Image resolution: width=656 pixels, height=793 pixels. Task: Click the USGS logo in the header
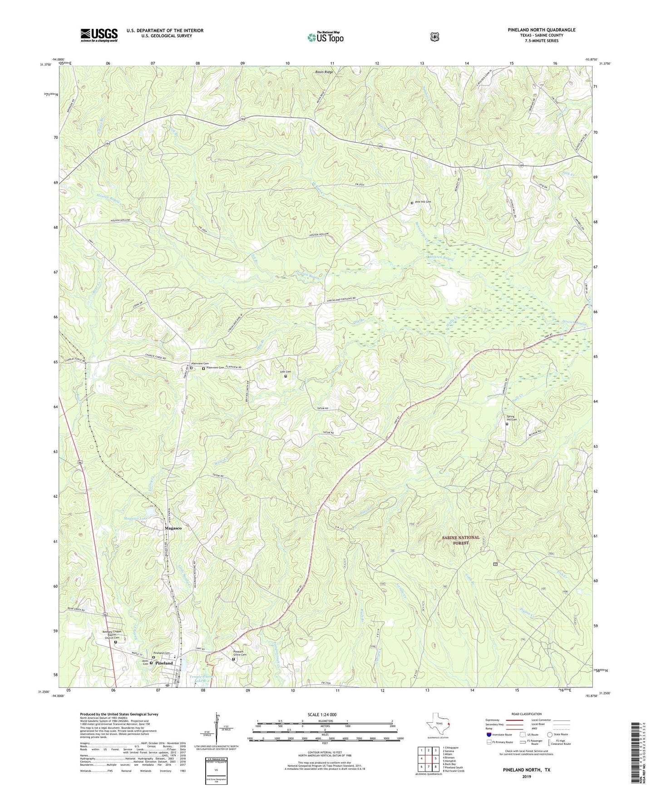click(99, 35)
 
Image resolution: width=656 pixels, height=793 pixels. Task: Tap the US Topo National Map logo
click(325, 37)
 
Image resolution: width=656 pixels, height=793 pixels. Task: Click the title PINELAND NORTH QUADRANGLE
click(542, 30)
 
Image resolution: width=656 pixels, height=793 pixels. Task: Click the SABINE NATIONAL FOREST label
click(460, 540)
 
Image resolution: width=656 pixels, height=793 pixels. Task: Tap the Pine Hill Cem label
click(423, 202)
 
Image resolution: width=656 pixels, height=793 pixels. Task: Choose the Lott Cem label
click(286, 372)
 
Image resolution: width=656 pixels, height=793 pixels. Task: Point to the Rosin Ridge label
click(324, 72)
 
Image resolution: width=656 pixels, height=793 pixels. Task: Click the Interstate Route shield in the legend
click(488, 734)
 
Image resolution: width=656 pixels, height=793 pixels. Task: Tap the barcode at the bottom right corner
click(637, 751)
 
